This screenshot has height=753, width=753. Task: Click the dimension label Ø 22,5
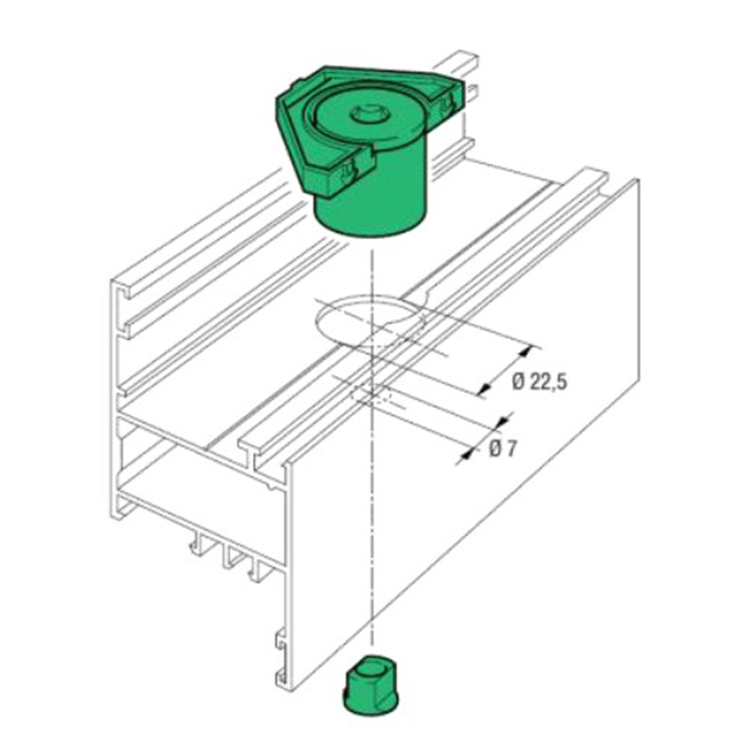tap(540, 382)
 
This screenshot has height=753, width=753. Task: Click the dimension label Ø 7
tap(503, 449)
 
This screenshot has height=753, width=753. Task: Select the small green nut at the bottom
tap(370, 688)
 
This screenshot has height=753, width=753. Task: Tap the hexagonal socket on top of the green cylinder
tap(368, 115)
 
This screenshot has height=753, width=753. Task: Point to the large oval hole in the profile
tap(370, 319)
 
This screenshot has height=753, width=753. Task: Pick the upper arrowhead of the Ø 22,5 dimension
tap(527, 351)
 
